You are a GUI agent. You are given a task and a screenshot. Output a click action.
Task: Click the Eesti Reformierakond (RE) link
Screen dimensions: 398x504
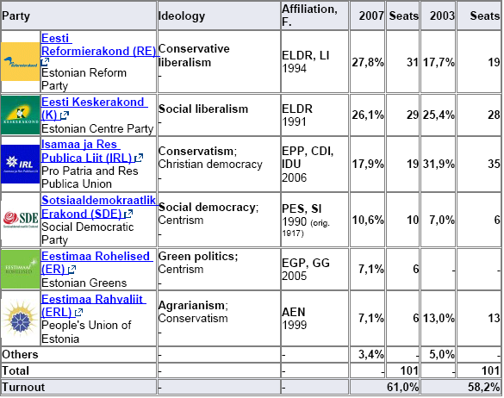(x=96, y=45)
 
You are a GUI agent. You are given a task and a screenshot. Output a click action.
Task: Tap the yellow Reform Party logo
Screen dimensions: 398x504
(x=21, y=61)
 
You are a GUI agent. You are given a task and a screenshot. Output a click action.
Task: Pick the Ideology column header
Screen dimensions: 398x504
(x=183, y=16)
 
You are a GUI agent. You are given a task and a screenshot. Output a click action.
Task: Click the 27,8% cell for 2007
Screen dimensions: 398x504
(x=368, y=62)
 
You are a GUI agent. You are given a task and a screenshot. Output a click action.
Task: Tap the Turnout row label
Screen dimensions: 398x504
(x=23, y=386)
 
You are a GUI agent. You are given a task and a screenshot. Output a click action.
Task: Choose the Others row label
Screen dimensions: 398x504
(x=21, y=354)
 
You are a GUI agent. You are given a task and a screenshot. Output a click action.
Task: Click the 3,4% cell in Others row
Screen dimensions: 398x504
(x=371, y=354)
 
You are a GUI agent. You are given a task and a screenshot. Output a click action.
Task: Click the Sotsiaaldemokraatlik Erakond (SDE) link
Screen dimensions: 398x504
(x=98, y=207)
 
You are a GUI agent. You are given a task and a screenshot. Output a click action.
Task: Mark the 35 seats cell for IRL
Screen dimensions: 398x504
(x=493, y=164)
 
